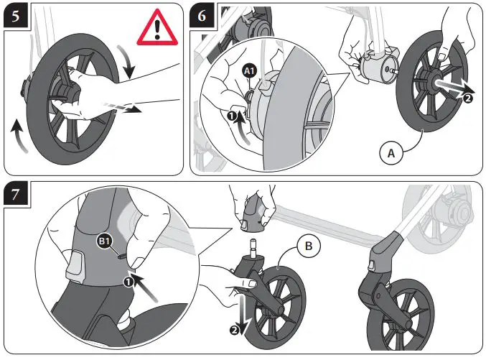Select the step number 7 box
point(17,196)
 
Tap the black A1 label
point(249,71)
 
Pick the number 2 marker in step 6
point(468,99)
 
